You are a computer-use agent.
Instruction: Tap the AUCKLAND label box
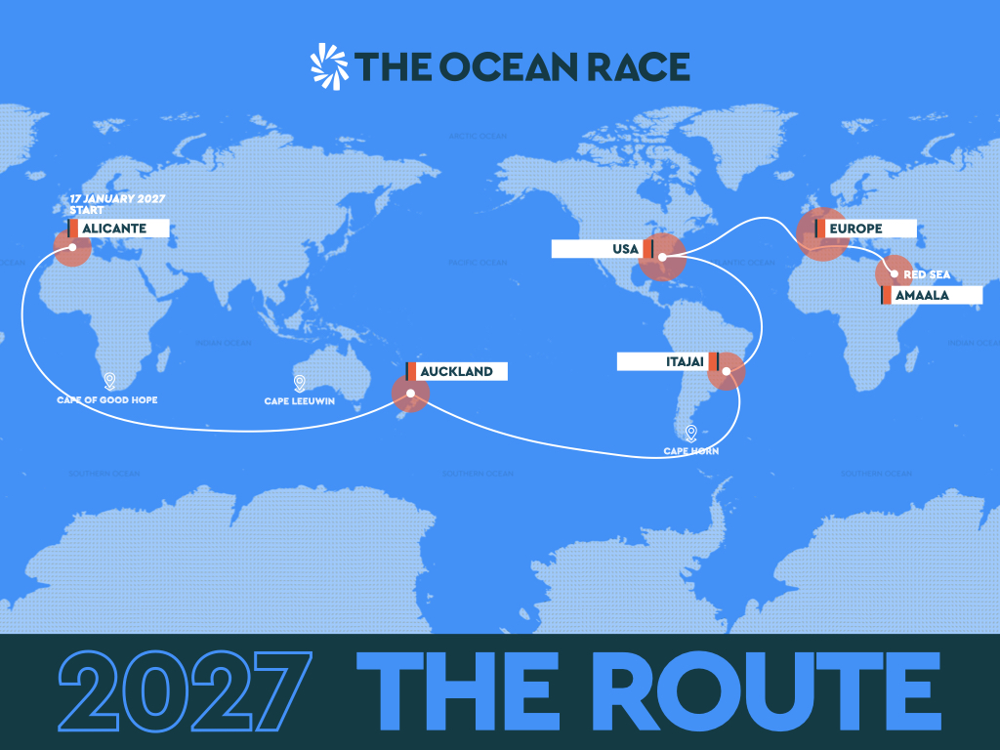pyautogui.click(x=456, y=371)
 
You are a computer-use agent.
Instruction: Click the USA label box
pyautogui.click(x=602, y=249)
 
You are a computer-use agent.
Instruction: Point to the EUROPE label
pyautogui.click(x=864, y=229)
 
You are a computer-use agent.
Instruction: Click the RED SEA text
pyautogui.click(x=927, y=274)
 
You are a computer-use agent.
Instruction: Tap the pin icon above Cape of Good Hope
pyautogui.click(x=108, y=381)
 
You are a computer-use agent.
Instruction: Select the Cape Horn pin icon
pyautogui.click(x=690, y=433)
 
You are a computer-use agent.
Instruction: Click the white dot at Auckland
pyautogui.click(x=411, y=395)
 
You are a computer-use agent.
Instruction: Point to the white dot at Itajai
pyautogui.click(x=726, y=371)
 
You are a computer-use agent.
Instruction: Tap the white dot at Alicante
pyautogui.click(x=72, y=248)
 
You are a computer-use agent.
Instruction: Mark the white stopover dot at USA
pyautogui.click(x=662, y=259)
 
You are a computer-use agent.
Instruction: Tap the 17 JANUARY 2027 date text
pyautogui.click(x=116, y=199)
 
